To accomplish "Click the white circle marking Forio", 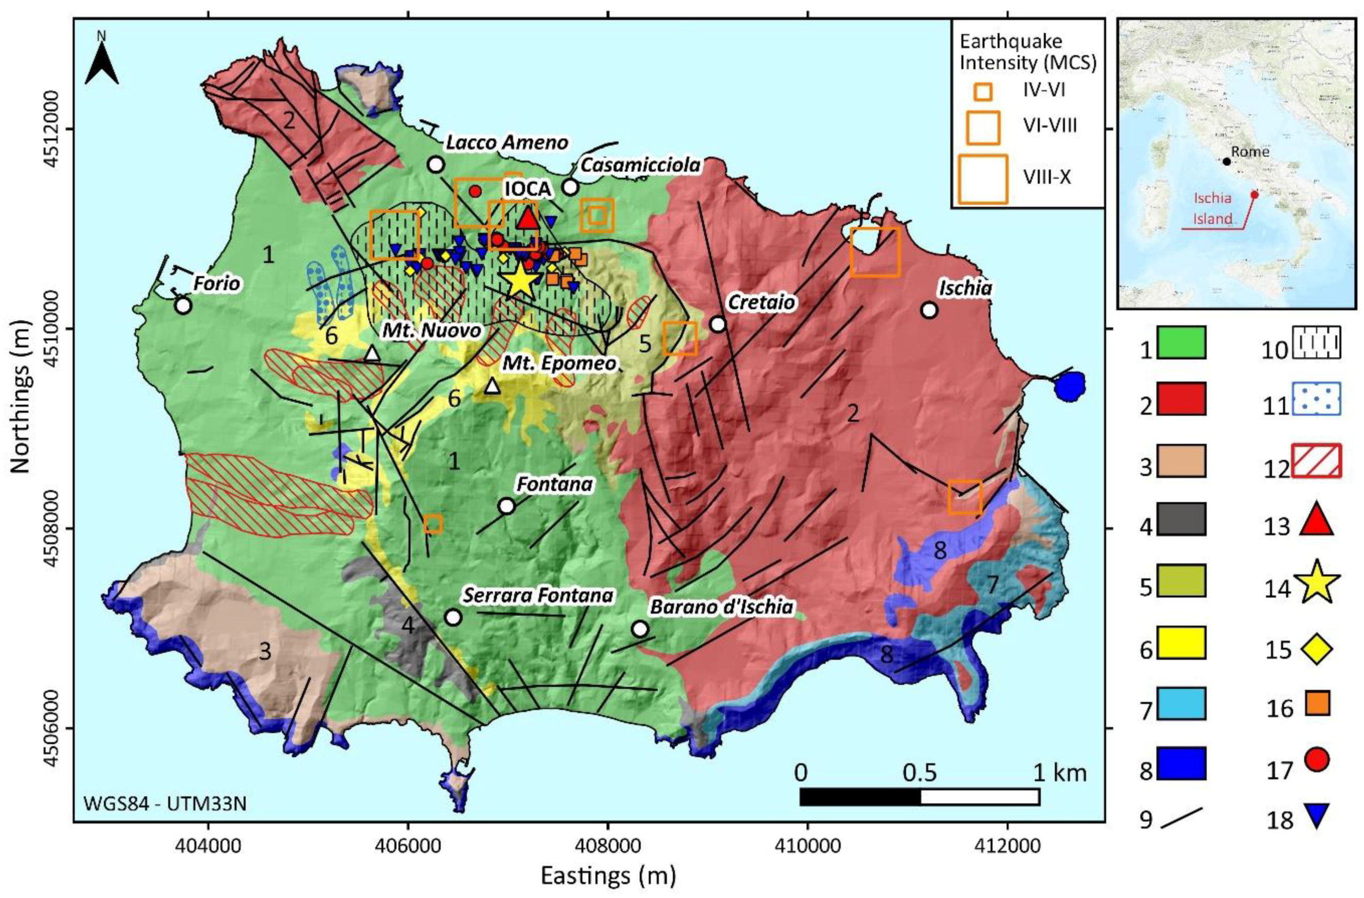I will coord(183,306).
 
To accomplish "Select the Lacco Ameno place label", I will coord(507,143).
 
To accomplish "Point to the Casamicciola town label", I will coord(640,165).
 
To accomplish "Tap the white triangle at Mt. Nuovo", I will coord(372,354).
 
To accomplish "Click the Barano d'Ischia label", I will coord(721,607).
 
